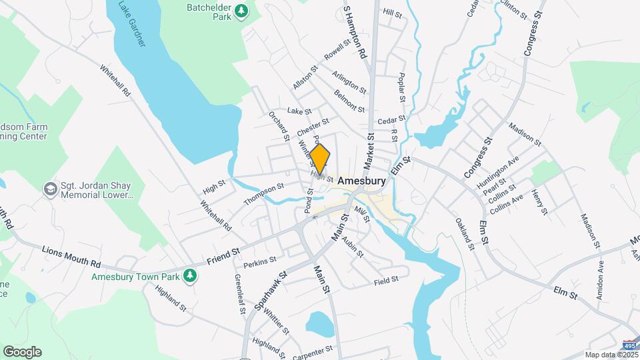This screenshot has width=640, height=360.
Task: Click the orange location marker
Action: tap(320, 159)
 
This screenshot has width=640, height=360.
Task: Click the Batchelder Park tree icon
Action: tap(241, 11)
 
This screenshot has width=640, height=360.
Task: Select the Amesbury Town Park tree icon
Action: tap(191, 275)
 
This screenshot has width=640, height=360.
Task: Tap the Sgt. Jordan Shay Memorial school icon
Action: tap(49, 190)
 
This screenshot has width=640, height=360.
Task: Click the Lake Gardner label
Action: tap(132, 23)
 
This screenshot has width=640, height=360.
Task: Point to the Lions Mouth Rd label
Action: tap(71, 252)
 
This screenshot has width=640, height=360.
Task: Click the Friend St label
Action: tap(223, 256)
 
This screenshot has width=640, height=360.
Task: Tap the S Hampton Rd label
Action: tap(355, 32)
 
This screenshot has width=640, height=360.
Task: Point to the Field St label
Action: tap(386, 279)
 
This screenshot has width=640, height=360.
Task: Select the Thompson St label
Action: tap(264, 194)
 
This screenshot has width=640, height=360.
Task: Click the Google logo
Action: tap(22, 351)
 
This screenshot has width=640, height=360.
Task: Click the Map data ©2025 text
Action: tap(610, 355)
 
